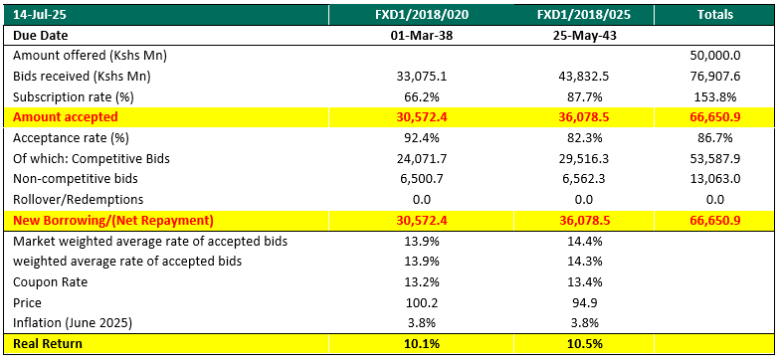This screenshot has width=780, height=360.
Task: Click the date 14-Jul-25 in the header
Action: (x=36, y=15)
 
